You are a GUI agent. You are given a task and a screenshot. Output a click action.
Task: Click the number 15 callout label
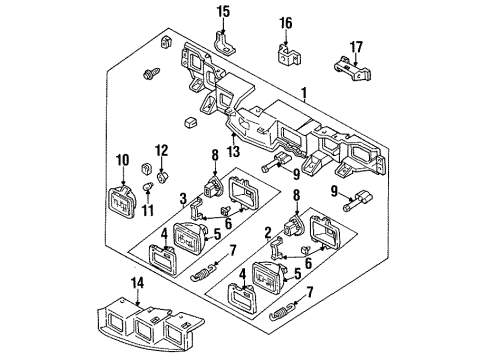tap(223, 11)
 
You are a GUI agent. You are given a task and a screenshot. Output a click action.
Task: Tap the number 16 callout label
tap(286, 22)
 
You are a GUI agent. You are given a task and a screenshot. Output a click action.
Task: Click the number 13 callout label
tap(235, 152)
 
